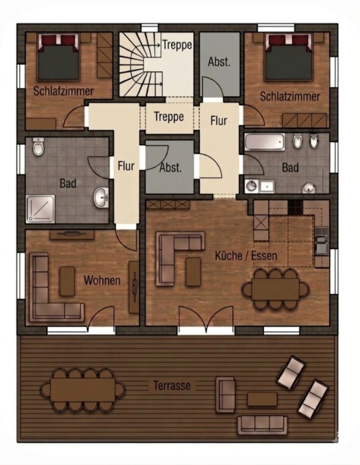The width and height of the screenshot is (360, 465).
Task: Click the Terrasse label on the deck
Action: tap(172, 385)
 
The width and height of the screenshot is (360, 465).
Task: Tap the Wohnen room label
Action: tap(102, 280)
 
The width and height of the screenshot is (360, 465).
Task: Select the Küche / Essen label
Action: tap(246, 256)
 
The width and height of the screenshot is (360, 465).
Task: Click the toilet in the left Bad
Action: tap(38, 146)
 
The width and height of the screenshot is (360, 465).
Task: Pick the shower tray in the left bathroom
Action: tap(40, 209)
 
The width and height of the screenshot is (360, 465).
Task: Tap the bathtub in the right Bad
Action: tap(265, 142)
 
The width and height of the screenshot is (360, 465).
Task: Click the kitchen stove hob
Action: tap(295, 207)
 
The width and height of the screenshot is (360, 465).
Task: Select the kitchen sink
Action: tap(321, 240)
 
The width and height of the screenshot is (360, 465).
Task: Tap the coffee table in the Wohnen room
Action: tap(67, 281)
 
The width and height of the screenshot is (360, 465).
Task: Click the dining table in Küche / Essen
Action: tap(275, 289)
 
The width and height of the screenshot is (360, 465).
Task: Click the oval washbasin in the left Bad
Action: tap(101, 197)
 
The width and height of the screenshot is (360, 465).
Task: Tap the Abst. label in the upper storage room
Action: tap(219, 62)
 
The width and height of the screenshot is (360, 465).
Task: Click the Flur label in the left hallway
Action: tap(126, 166)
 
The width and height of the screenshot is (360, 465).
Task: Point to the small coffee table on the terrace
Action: tap(262, 399)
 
